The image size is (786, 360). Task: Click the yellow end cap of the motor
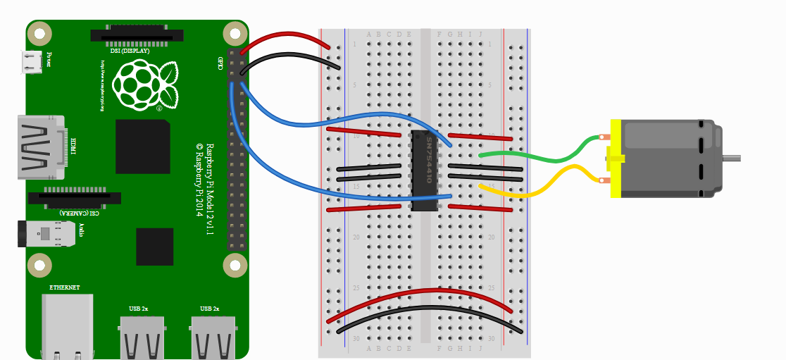(x=615, y=159)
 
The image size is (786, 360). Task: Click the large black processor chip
(x=143, y=146)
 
